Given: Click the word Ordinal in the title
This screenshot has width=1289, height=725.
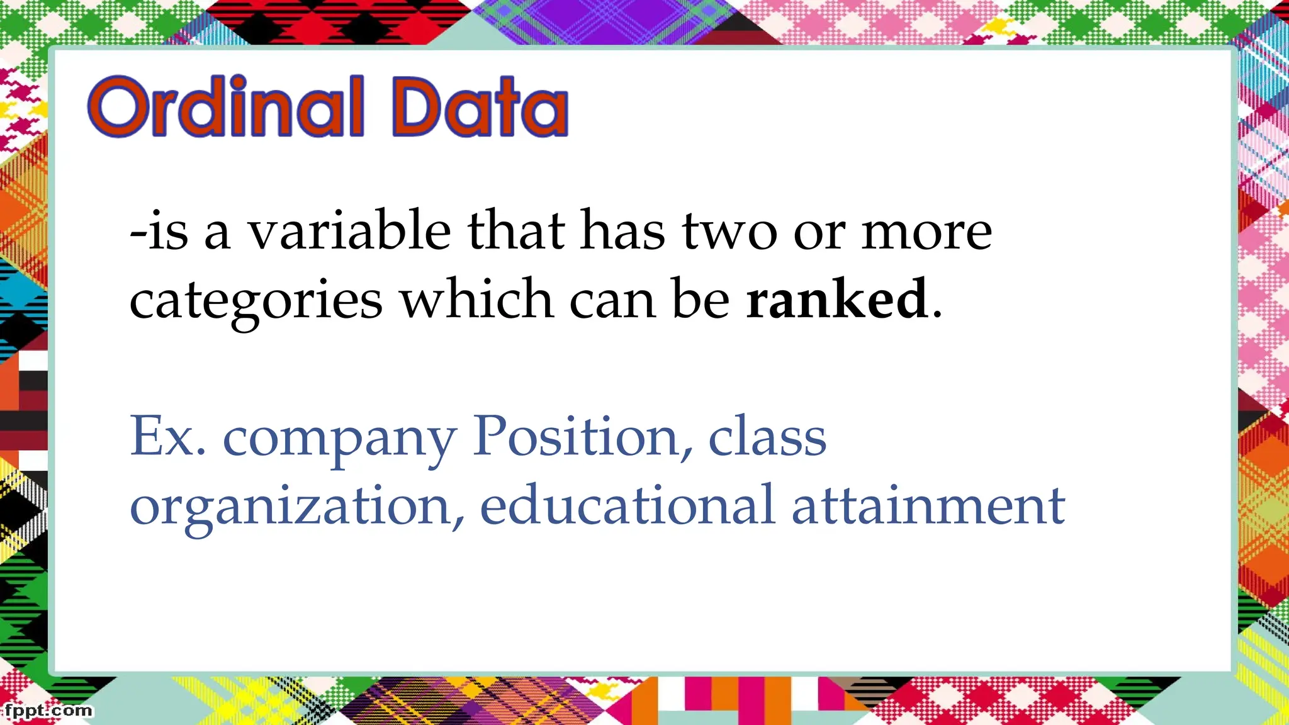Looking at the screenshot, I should [225, 107].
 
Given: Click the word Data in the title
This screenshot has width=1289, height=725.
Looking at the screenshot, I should [480, 107].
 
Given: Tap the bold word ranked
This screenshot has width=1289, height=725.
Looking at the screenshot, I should [836, 299].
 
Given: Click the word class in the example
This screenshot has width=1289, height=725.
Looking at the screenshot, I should [767, 437].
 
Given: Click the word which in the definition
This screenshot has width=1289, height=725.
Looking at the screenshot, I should [477, 299].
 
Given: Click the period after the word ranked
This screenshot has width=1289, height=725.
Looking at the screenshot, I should [937, 314].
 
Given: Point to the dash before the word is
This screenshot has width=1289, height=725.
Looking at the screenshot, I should [138, 234].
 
